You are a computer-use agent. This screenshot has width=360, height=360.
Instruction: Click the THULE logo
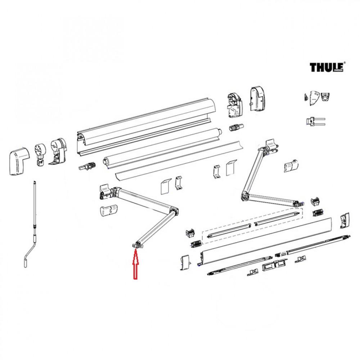pos(327,67)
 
